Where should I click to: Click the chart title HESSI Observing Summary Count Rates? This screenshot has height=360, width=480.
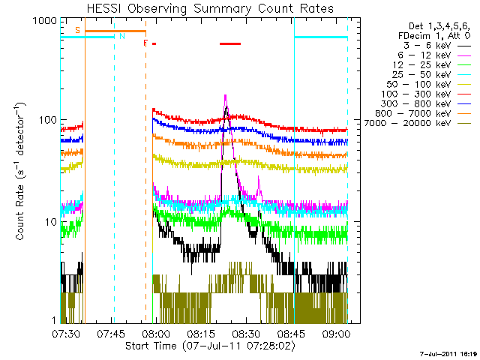pos(210,8)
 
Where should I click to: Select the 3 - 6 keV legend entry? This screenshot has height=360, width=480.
pos(437,46)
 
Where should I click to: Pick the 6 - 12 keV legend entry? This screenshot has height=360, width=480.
pos(434,55)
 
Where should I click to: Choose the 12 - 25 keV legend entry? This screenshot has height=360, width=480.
pos(432,65)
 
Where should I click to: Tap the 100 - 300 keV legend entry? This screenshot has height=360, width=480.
pos(426,94)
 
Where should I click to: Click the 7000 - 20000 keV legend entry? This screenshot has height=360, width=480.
pos(418,123)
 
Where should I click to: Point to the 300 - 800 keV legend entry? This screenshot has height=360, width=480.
pos(426,104)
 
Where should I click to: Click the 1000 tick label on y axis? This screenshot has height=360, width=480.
pos(45,21)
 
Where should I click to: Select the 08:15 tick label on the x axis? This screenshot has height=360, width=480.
pos(201,333)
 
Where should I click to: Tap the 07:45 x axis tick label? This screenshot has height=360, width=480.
pos(111,333)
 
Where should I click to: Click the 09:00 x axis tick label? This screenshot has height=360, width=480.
pos(336,333)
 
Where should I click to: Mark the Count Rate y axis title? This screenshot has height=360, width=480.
pos(20,172)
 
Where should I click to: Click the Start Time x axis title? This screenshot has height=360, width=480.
pos(210,346)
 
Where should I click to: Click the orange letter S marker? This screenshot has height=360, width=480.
pos(77,30)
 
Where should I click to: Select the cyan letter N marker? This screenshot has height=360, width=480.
pos(122,36)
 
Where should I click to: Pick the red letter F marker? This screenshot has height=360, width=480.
pos(145,43)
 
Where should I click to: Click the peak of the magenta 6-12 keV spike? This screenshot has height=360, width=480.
pos(226,95)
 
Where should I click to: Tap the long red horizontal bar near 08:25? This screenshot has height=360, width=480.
pos(230,43)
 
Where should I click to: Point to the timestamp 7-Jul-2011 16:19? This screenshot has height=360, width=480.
pos(448,354)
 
